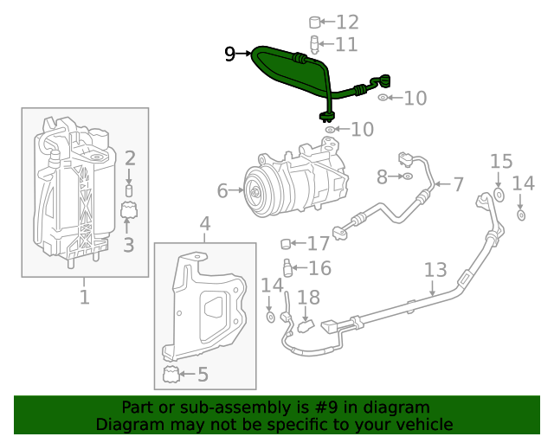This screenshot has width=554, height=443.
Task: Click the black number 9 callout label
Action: tap(229, 55)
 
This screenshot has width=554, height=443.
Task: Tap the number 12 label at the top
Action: tap(346, 22)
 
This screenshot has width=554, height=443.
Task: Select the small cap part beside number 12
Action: tap(316, 22)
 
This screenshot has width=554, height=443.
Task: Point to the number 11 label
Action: tap(345, 44)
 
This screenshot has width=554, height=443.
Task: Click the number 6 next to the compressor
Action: tap(222, 190)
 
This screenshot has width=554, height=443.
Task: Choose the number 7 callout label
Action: tap(458, 183)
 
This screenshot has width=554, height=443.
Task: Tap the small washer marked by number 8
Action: tap(405, 177)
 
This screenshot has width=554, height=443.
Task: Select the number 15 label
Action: tap(502, 162)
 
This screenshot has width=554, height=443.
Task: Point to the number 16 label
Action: tap(319, 268)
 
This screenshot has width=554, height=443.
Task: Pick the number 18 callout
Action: tap(308, 298)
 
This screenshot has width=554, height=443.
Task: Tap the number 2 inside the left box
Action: tap(129, 158)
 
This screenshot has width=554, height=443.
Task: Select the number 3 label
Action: tap(128, 245)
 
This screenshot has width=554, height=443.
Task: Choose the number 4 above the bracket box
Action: tap(204, 226)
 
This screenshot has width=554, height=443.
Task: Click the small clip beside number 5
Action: tap(171, 375)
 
